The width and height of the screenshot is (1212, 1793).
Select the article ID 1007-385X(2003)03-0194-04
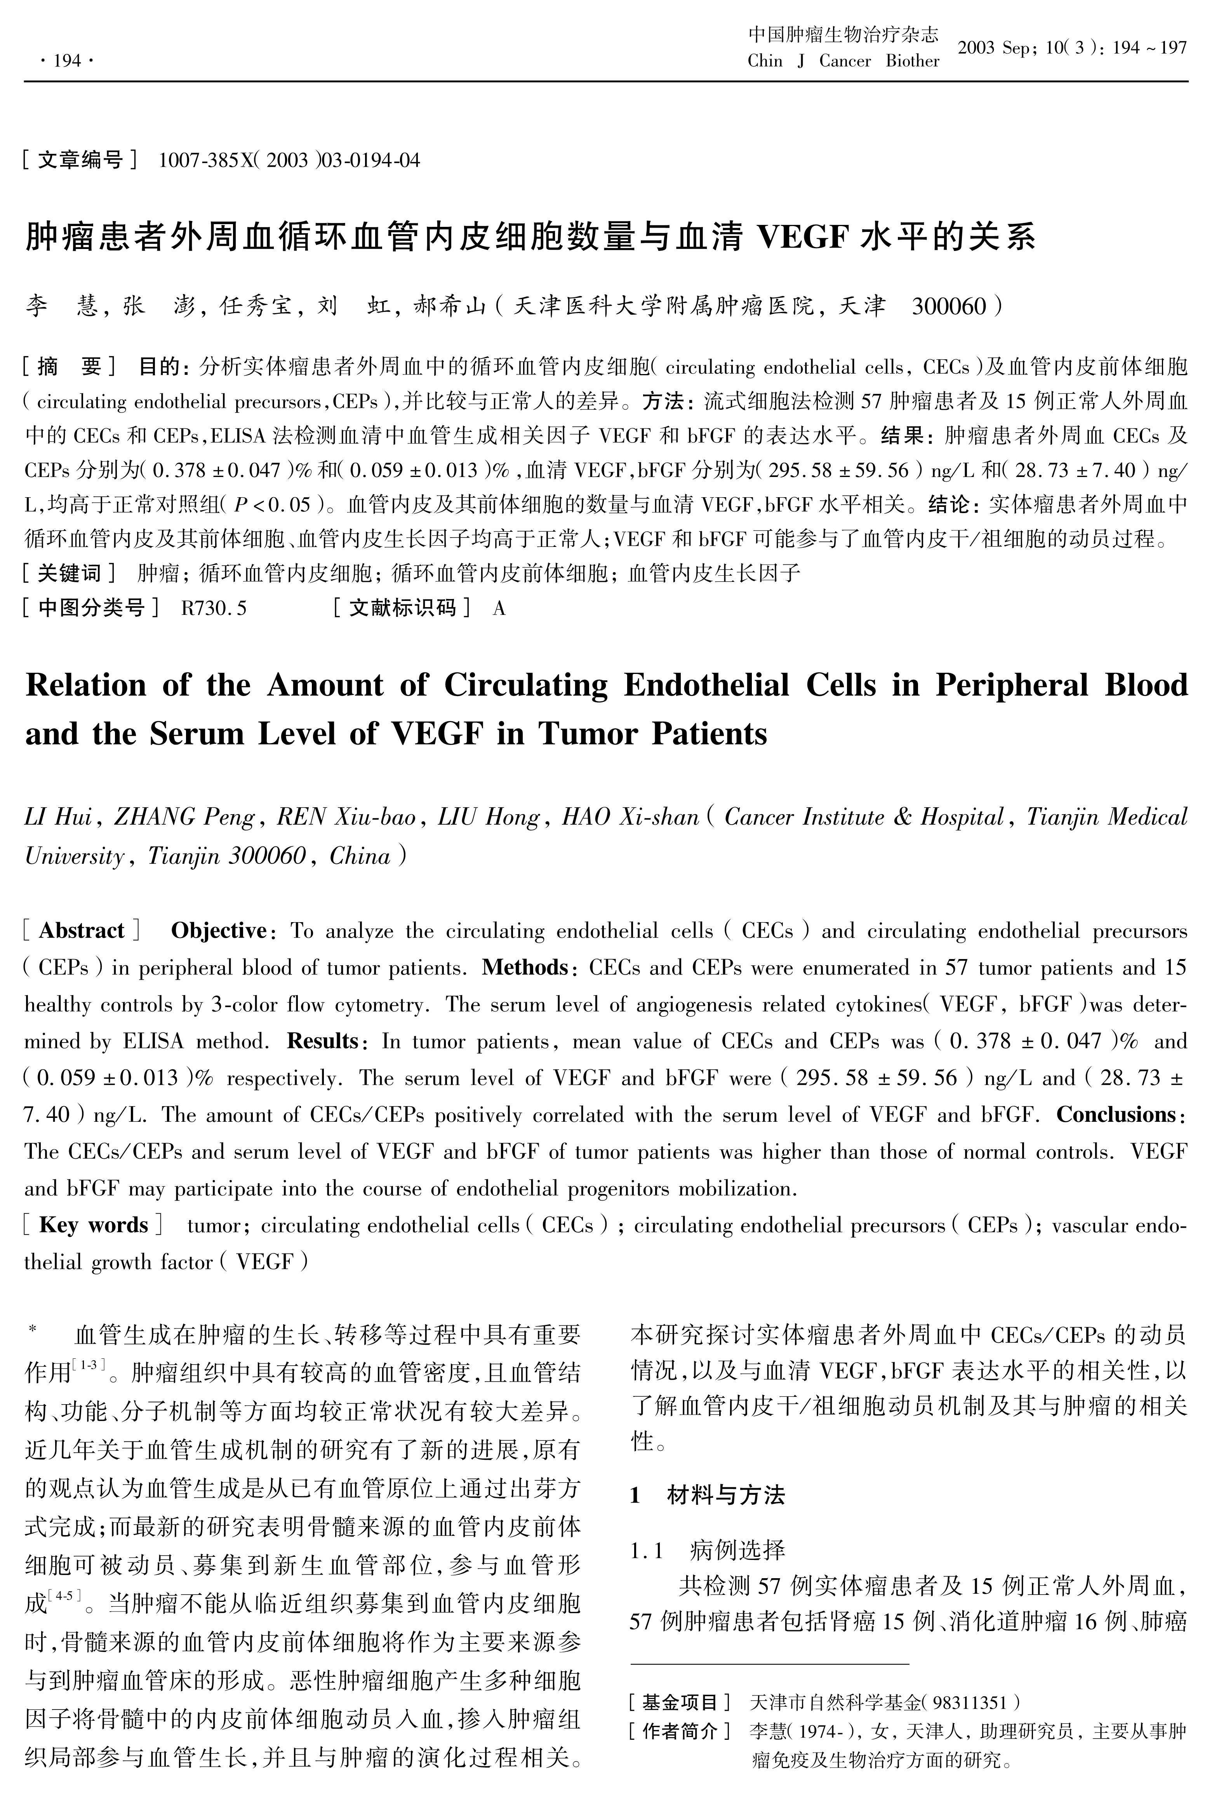tap(289, 160)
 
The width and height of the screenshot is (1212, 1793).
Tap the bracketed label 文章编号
tap(80, 160)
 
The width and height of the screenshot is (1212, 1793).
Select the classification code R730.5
tap(214, 609)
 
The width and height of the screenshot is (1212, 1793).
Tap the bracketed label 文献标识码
tap(403, 609)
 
